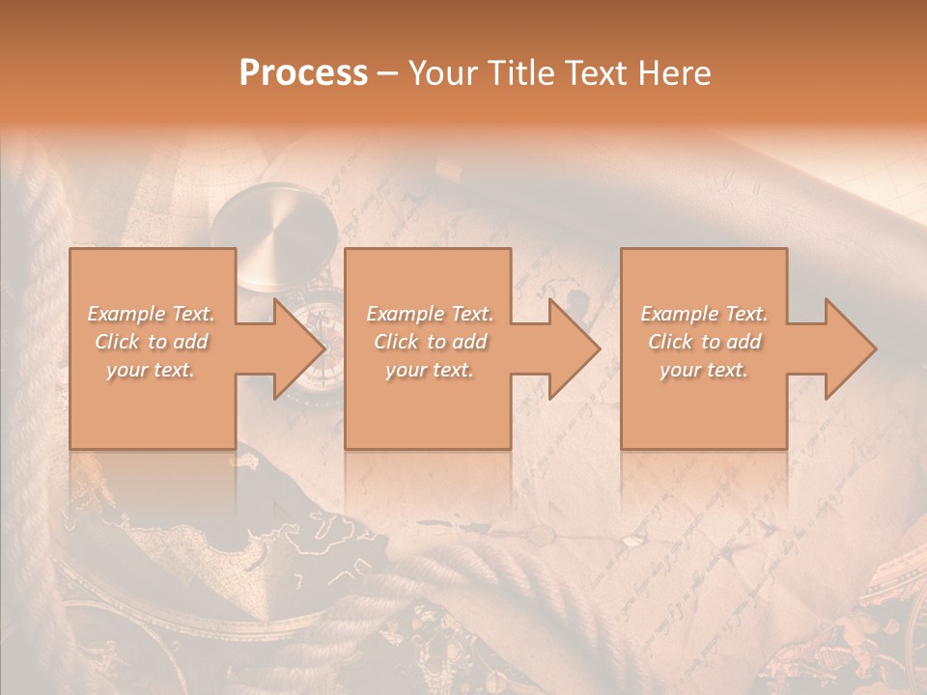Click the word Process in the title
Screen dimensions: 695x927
point(303,73)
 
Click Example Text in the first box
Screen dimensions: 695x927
point(152,314)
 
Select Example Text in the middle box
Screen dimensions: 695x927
point(430,314)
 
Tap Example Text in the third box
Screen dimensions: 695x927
point(704,314)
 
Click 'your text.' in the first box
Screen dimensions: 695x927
point(151,370)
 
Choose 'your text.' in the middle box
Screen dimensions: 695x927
point(429,370)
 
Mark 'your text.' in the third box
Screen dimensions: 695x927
point(703,370)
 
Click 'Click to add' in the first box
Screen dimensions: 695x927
point(152,342)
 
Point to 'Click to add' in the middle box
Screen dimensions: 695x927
point(430,342)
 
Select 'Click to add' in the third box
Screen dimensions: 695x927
point(704,342)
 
